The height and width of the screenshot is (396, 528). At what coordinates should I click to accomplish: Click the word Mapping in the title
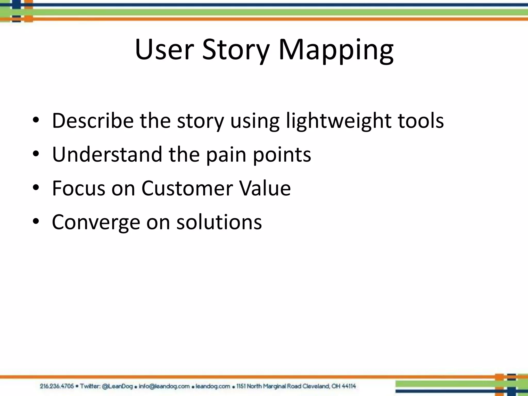tap(336, 50)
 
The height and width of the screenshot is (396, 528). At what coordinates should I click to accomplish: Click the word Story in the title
tap(236, 50)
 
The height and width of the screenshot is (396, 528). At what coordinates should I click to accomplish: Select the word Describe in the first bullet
tap(93, 120)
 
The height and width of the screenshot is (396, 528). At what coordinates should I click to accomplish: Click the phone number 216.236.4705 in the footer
tap(57, 386)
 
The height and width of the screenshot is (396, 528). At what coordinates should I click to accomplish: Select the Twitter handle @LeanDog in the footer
tap(117, 386)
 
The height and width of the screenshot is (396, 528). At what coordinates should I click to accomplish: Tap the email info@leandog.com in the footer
tap(164, 386)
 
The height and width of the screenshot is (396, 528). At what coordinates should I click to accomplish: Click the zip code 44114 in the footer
tap(349, 386)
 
